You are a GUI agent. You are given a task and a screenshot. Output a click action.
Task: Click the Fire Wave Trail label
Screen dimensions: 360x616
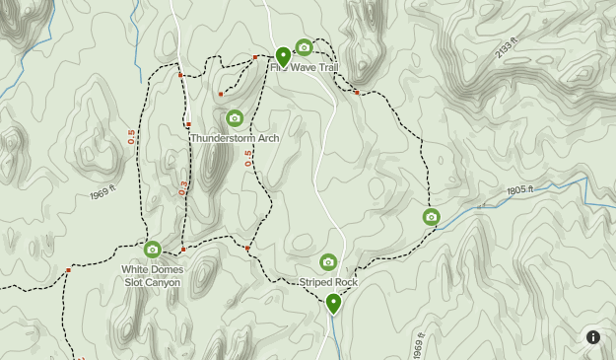click(x=306, y=67)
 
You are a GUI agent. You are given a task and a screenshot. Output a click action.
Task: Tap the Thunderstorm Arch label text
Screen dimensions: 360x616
click(x=235, y=138)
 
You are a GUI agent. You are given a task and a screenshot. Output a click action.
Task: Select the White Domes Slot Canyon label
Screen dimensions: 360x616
click(x=152, y=275)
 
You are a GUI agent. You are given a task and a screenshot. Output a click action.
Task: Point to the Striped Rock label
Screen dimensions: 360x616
click(x=328, y=282)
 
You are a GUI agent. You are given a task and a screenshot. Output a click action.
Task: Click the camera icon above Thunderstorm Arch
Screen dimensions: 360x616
click(x=235, y=118)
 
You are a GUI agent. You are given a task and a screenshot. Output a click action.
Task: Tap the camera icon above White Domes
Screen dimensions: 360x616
click(x=152, y=250)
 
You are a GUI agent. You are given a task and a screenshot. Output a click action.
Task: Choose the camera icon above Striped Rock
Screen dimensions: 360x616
click(x=328, y=262)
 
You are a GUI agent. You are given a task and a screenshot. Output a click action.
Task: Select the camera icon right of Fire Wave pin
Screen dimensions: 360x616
click(x=304, y=47)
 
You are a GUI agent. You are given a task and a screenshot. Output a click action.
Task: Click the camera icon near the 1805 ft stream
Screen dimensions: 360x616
click(x=431, y=217)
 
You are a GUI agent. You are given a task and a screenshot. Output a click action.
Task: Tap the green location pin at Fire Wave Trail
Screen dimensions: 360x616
click(x=283, y=55)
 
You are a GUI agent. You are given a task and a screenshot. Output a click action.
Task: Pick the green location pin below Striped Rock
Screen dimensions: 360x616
click(x=334, y=303)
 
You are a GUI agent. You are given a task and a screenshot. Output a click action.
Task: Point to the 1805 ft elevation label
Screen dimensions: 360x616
click(x=519, y=190)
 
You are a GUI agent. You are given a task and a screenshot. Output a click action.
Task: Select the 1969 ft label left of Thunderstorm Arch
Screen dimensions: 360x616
click(x=103, y=193)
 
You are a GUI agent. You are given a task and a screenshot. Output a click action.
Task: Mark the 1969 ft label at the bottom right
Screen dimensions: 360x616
click(x=418, y=345)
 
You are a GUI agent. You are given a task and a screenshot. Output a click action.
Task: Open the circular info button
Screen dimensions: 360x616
click(x=593, y=336)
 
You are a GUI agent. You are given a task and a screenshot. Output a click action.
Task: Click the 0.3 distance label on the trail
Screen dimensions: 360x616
click(x=183, y=187)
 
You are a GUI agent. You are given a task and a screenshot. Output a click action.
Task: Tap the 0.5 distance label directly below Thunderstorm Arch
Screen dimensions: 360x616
click(x=248, y=158)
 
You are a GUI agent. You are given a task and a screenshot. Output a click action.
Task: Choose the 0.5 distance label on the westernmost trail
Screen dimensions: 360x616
click(x=132, y=137)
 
